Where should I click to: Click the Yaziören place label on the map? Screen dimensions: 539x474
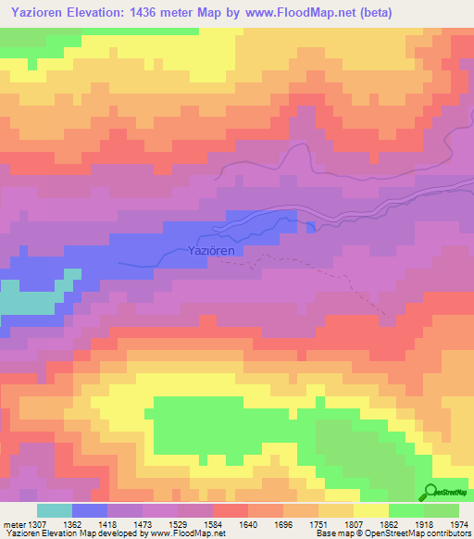tap(214, 250)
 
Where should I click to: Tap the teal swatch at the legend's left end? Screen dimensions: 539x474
tap(55, 510)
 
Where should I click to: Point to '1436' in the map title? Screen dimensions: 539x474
tap(175, 14)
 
